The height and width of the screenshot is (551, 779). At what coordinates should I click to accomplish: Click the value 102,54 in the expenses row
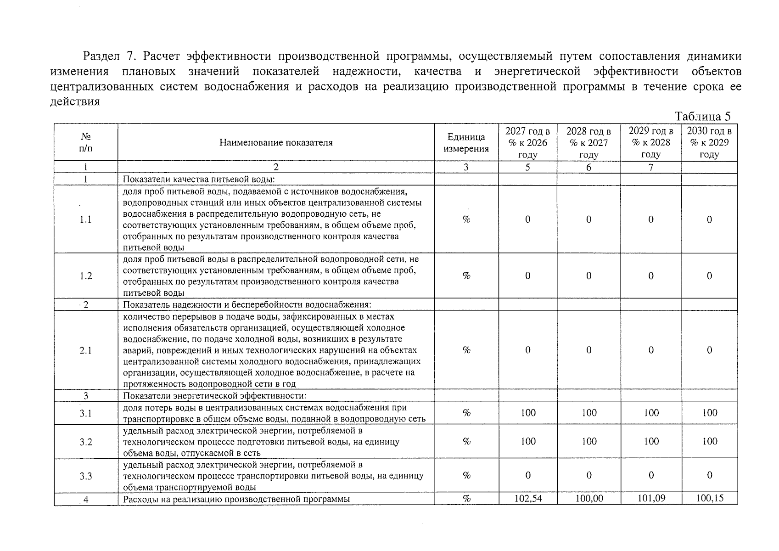pyautogui.click(x=528, y=498)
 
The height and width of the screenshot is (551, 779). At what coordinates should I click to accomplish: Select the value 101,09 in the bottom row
pyautogui.click(x=651, y=498)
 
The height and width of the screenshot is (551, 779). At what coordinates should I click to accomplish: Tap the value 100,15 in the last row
pyautogui.click(x=709, y=498)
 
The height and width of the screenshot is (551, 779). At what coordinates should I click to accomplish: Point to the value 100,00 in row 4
pyautogui.click(x=589, y=498)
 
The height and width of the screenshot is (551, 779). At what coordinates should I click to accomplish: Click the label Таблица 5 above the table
pyautogui.click(x=703, y=116)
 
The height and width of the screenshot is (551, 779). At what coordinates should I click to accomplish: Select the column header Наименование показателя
pyautogui.click(x=276, y=142)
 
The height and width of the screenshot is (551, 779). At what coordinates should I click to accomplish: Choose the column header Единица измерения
pyautogui.click(x=466, y=143)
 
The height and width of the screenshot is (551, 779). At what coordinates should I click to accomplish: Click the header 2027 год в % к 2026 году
pyautogui.click(x=528, y=143)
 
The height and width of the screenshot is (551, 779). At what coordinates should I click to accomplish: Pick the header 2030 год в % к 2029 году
pyautogui.click(x=709, y=142)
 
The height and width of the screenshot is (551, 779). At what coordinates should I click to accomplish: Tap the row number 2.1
pyautogui.click(x=86, y=350)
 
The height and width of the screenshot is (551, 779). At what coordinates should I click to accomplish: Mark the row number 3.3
pyautogui.click(x=86, y=476)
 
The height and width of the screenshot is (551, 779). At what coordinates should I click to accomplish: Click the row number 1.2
pyautogui.click(x=86, y=276)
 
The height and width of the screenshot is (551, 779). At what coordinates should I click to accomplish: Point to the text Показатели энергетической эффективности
pyautogui.click(x=214, y=395)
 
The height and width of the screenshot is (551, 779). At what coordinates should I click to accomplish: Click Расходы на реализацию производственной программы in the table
pyautogui.click(x=236, y=499)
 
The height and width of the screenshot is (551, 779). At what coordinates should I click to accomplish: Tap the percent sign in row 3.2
pyautogui.click(x=466, y=442)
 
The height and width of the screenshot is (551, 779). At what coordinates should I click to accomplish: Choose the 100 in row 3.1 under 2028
pyautogui.click(x=589, y=413)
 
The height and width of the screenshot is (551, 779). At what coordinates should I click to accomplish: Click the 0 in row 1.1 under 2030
pyautogui.click(x=709, y=219)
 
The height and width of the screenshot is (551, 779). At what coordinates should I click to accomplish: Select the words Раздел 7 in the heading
pyautogui.click(x=108, y=56)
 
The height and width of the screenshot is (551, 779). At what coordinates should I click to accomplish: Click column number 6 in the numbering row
pyautogui.click(x=589, y=167)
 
